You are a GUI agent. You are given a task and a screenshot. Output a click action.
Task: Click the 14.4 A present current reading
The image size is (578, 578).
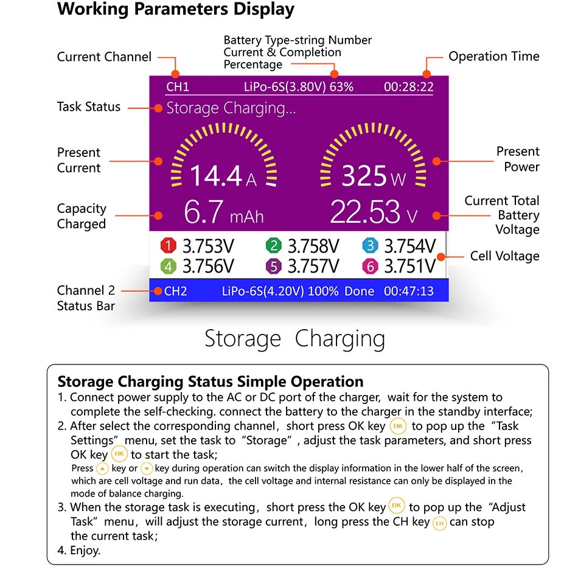(x=223, y=176)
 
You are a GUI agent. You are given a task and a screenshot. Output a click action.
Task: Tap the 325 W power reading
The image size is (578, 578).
(x=373, y=176)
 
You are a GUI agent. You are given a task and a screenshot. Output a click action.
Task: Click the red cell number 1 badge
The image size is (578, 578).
(x=168, y=246)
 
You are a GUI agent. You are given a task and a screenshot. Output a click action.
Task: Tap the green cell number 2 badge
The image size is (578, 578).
(x=274, y=246)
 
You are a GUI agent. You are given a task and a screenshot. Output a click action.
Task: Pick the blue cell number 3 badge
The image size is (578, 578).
(x=370, y=246)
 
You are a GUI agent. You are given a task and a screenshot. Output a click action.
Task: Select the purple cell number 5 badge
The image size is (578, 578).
(x=274, y=266)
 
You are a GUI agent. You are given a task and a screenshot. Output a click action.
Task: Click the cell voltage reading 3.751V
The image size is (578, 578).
(x=410, y=266)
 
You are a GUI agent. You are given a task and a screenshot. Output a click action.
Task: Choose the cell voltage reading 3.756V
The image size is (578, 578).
(x=208, y=266)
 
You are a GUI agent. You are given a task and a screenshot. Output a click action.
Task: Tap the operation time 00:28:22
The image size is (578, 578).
(x=408, y=87)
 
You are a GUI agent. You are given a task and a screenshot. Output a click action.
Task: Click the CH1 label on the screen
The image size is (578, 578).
(x=178, y=87)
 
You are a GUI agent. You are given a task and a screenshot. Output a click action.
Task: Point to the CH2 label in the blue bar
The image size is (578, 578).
(x=176, y=291)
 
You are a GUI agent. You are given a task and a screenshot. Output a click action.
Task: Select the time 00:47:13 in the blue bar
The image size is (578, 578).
(x=408, y=291)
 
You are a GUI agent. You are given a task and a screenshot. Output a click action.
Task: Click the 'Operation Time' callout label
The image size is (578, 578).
(x=494, y=57)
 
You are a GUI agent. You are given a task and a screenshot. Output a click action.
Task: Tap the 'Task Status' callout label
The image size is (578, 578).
(x=89, y=107)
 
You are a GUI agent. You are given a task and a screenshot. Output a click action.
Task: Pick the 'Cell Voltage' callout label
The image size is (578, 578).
(x=504, y=256)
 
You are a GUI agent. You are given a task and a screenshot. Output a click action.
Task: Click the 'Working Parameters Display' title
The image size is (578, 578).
(x=176, y=10)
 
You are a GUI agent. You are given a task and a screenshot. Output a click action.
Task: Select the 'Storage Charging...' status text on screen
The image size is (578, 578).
(x=231, y=108)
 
